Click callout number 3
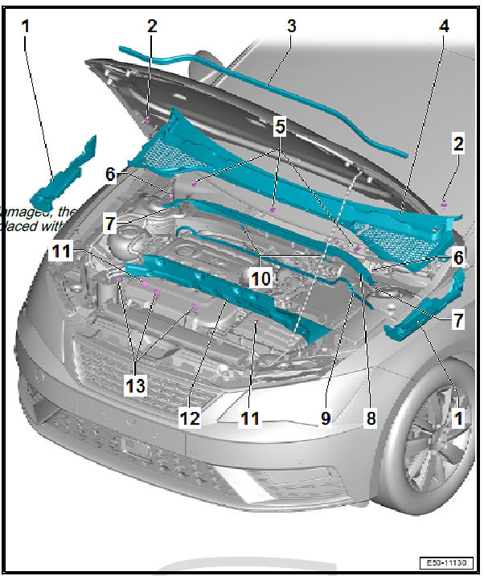290,25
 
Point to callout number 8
371,418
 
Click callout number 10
261,278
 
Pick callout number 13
135,385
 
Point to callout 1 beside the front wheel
457,419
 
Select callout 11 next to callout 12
251,418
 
